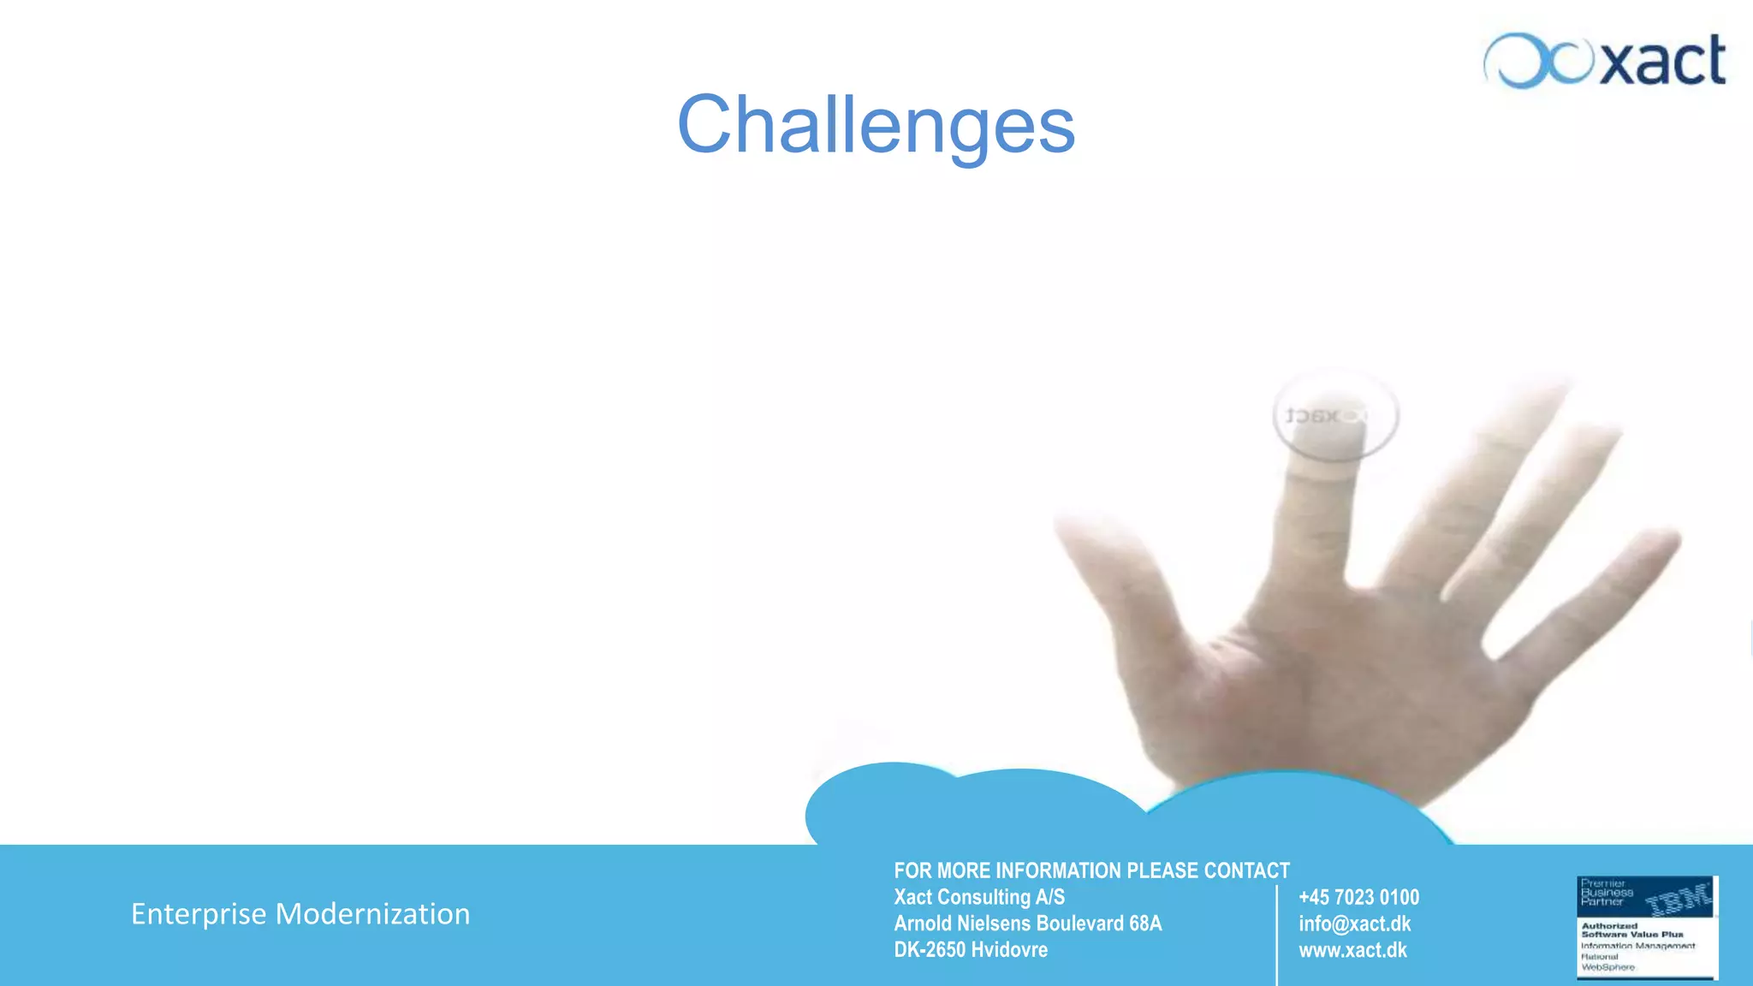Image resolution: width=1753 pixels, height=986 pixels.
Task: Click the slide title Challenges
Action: pyautogui.click(x=876, y=125)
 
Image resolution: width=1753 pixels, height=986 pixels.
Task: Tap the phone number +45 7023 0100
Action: pyautogui.click(x=1358, y=897)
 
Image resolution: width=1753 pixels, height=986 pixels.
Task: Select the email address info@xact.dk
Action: pyautogui.click(x=1354, y=924)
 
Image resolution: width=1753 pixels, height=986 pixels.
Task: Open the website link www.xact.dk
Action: pyautogui.click(x=1352, y=950)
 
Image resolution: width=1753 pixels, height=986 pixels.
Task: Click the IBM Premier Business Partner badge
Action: pyautogui.click(x=1646, y=927)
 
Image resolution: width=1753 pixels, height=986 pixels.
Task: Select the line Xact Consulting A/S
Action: pyautogui.click(x=979, y=897)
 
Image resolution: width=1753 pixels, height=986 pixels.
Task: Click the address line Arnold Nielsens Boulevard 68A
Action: pyautogui.click(x=1027, y=924)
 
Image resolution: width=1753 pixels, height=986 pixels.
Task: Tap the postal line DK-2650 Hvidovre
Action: pyautogui.click(x=971, y=950)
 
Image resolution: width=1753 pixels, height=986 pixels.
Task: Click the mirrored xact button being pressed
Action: pyautogui.click(x=1335, y=416)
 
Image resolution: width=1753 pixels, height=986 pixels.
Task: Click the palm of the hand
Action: pyautogui.click(x=1335, y=685)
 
